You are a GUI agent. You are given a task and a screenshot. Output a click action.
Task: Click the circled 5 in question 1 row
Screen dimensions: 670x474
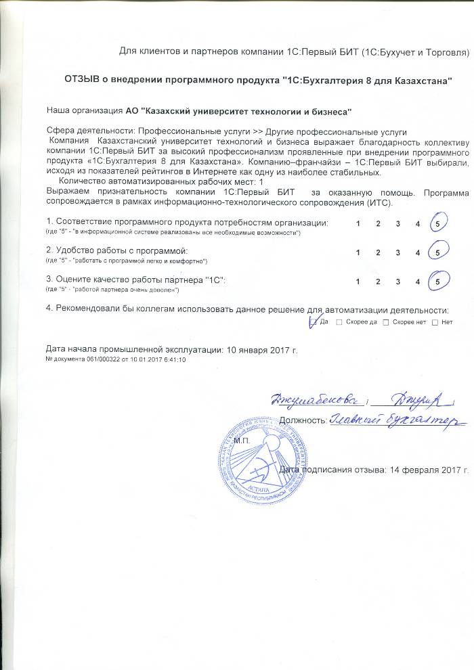[x=438, y=224]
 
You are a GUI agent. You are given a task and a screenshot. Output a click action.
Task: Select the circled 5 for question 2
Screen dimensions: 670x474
[x=438, y=252]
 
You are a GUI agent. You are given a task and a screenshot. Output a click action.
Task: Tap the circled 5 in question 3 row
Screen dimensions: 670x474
[x=438, y=281]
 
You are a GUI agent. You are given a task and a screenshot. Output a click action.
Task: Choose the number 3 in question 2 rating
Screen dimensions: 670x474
[x=398, y=252]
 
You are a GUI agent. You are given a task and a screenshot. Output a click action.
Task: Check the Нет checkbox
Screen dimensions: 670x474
[x=435, y=321]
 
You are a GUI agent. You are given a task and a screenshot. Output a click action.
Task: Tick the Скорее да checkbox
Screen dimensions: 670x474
[x=339, y=321]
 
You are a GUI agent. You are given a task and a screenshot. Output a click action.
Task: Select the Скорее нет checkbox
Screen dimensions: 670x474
[x=386, y=321]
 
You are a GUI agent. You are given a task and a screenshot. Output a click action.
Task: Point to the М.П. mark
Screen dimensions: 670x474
[x=242, y=441]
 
